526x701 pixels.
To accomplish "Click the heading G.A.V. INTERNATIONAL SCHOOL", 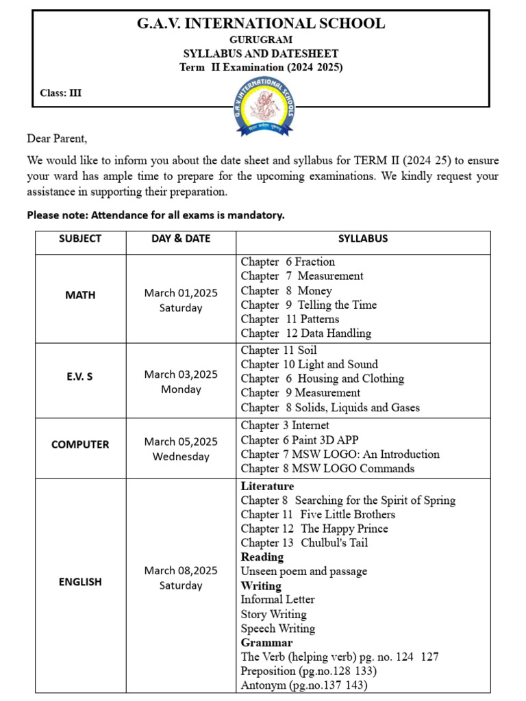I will coord(261,23).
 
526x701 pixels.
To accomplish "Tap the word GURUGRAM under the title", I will coord(260,40).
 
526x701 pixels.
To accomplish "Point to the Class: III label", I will coord(61,93).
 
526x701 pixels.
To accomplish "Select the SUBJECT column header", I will coord(80,239).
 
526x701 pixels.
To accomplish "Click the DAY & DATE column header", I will coord(181,239).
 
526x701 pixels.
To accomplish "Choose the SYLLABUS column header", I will coord(363,239).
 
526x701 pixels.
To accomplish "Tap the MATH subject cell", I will coord(80,295).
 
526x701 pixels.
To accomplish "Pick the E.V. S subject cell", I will coord(80,376).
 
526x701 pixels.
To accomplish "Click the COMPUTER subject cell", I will coord(80,444).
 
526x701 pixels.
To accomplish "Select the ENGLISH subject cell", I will coord(80,582).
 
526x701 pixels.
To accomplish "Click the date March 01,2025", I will coord(181,293).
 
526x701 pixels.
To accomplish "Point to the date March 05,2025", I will coord(181,442).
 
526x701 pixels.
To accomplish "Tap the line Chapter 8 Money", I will coord(286,290).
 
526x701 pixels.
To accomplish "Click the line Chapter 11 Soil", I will coord(279,350).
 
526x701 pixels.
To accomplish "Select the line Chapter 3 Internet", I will coord(285,425).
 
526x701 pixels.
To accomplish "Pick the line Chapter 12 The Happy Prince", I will coord(314,528).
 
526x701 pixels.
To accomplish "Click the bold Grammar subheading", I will coord(266,643).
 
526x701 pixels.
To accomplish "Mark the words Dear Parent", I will coord(58,138).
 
